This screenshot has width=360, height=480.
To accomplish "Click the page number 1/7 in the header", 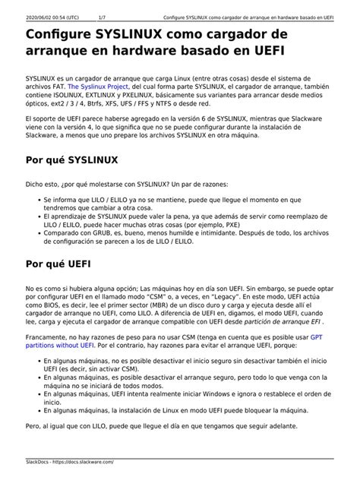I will coord(103,17).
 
